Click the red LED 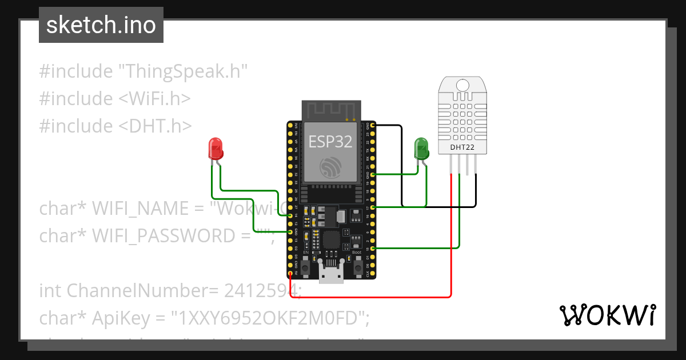point(216,148)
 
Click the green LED point(421,147)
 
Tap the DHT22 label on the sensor point(461,147)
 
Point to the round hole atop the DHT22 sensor point(462,85)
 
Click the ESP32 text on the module point(330,141)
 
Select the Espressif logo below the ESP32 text point(330,166)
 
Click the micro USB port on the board point(331,274)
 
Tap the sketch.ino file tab point(101,25)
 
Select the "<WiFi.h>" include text point(154,99)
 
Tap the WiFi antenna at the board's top point(331,110)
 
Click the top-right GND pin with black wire point(373,125)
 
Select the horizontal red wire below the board point(372,297)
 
